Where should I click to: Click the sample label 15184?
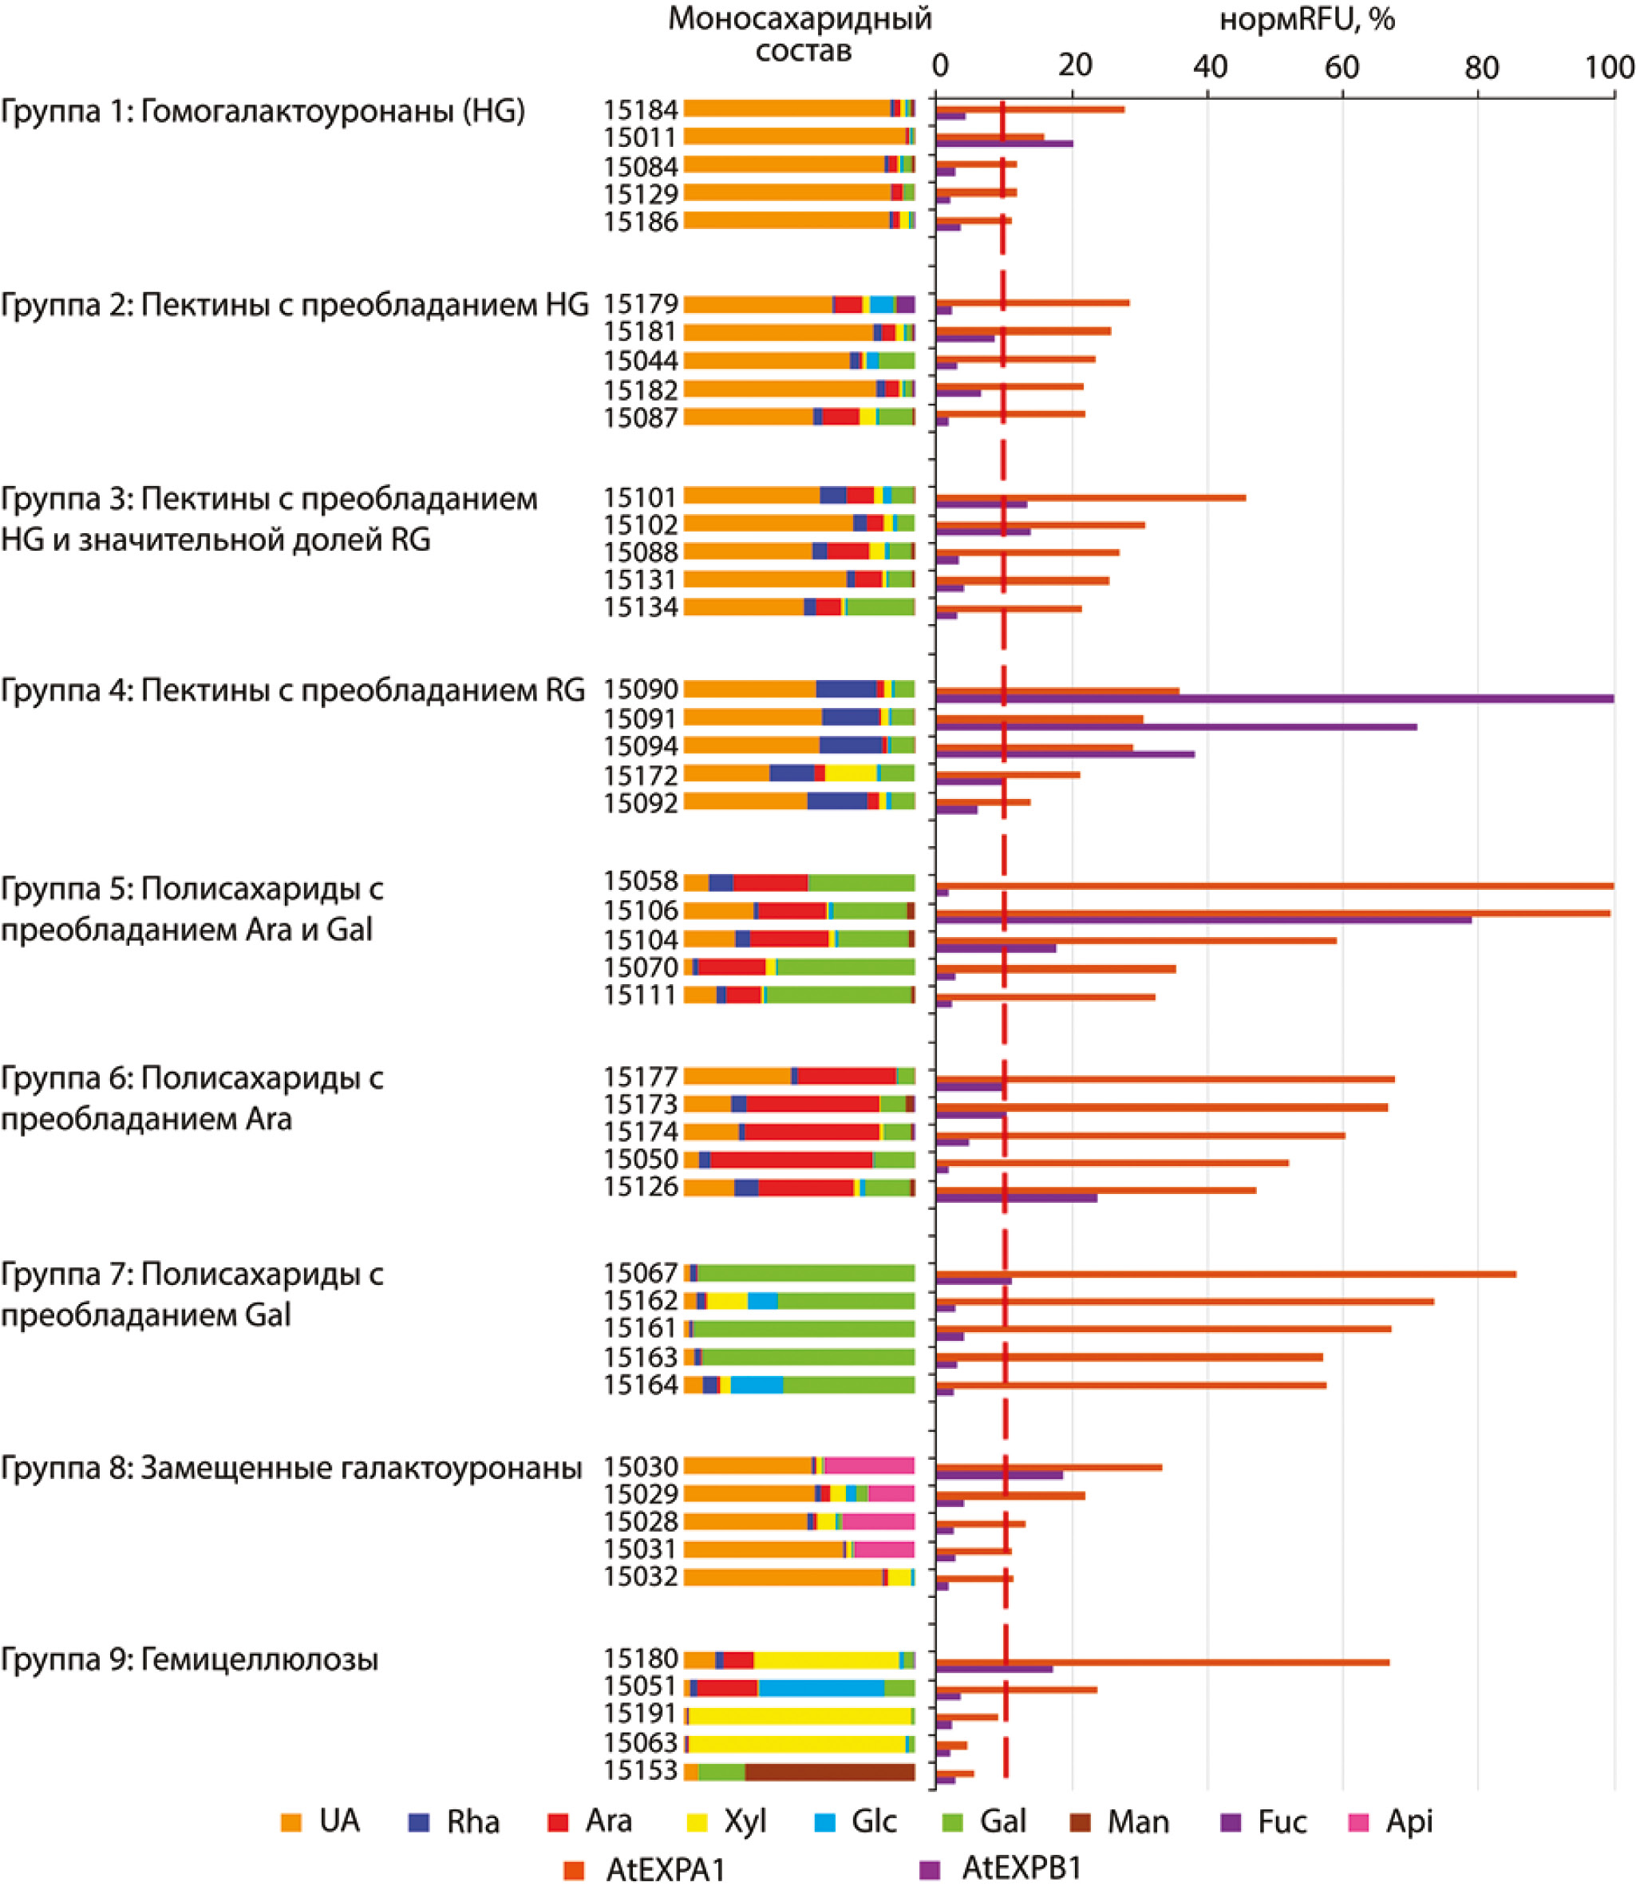click(x=640, y=109)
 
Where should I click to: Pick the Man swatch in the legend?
click(x=1080, y=1822)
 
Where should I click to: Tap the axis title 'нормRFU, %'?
click(x=1306, y=19)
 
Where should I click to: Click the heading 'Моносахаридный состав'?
click(x=800, y=34)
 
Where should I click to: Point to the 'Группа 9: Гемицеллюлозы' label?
click(x=189, y=1659)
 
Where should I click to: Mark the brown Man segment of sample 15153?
click(x=829, y=1772)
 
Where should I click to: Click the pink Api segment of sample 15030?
click(x=869, y=1465)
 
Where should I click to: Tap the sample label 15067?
click(x=640, y=1273)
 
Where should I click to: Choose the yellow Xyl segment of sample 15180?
click(x=826, y=1660)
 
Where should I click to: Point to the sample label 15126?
click(x=640, y=1187)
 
